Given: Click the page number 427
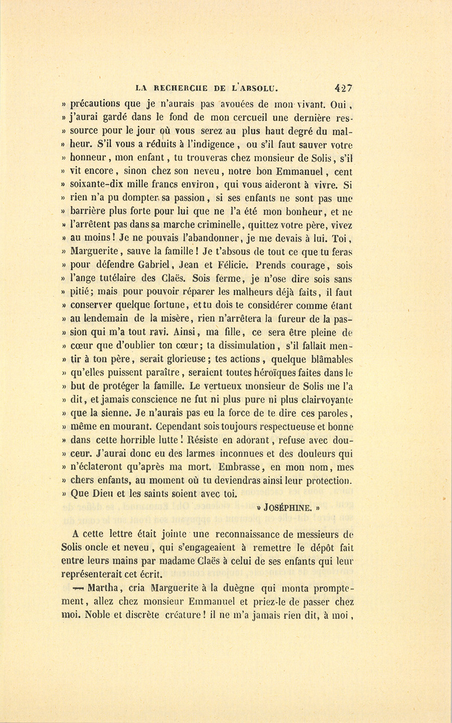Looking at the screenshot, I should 345,87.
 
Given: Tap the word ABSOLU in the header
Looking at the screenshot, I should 259,88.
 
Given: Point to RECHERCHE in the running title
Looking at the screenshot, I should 173,88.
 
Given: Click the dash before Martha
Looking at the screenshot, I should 77,588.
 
